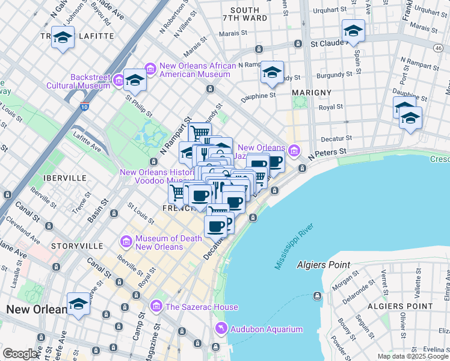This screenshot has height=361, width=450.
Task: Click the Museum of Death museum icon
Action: (126, 242)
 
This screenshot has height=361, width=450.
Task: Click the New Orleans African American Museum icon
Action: (150, 69)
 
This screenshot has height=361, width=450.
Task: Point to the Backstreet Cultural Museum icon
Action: (119, 81)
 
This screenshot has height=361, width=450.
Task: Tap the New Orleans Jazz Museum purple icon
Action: (293, 150)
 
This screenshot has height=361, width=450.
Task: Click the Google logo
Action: (20, 354)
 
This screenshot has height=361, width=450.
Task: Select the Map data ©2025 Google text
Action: (413, 357)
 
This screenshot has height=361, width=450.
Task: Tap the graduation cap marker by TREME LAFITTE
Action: (63, 39)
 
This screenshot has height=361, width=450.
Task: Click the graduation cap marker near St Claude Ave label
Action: (353, 31)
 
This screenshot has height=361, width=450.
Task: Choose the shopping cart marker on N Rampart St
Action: (200, 133)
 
